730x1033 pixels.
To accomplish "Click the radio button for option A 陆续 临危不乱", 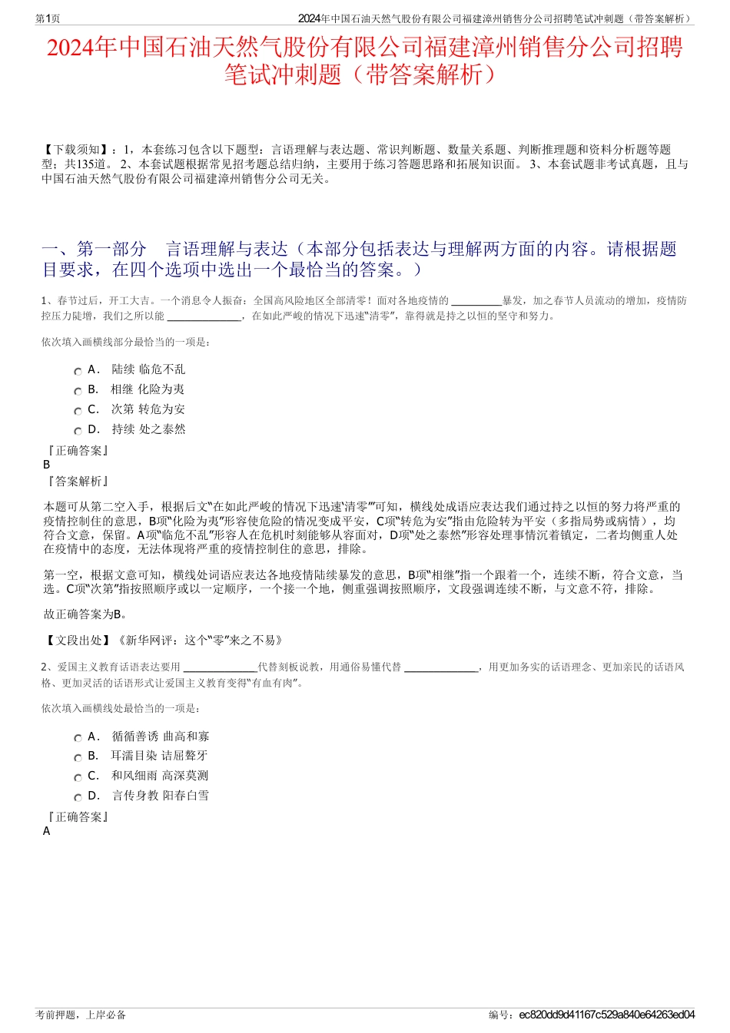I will click(x=78, y=371).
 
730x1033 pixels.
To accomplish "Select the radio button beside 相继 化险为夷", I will click(x=78, y=391).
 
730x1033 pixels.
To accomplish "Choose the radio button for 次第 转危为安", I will click(x=78, y=411).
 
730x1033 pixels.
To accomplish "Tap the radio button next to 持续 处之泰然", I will click(x=78, y=431).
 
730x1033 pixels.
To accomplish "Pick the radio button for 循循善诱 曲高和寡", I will click(x=78, y=738).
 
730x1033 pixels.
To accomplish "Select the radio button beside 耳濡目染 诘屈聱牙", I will click(x=78, y=757).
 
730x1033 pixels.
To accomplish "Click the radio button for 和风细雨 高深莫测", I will click(x=78, y=777).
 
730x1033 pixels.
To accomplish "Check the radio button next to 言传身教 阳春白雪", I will click(x=78, y=797).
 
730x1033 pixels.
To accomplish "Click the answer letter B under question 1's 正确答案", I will click(x=46, y=465).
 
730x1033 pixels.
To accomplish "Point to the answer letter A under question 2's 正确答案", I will click(x=46, y=831).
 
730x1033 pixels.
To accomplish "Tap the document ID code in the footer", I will click(x=606, y=1015).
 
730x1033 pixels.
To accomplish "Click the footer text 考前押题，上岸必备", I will click(x=81, y=1015).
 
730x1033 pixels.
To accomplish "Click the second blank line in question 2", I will click(x=440, y=667).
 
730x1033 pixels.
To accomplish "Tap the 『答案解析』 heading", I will click(x=76, y=482).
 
